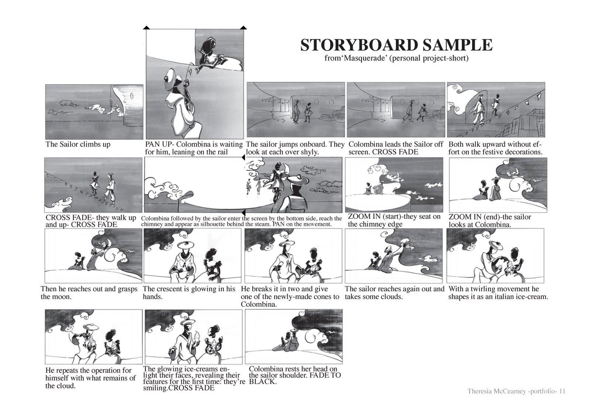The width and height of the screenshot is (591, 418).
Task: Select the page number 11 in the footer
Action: [x=562, y=391]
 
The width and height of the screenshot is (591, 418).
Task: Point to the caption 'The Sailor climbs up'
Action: [x=78, y=144]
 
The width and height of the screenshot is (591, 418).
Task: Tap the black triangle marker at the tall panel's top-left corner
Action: [x=146, y=28]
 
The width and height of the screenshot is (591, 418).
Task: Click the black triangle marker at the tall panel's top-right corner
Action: [x=243, y=28]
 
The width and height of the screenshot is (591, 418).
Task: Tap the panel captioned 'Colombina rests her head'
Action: [x=294, y=336]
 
